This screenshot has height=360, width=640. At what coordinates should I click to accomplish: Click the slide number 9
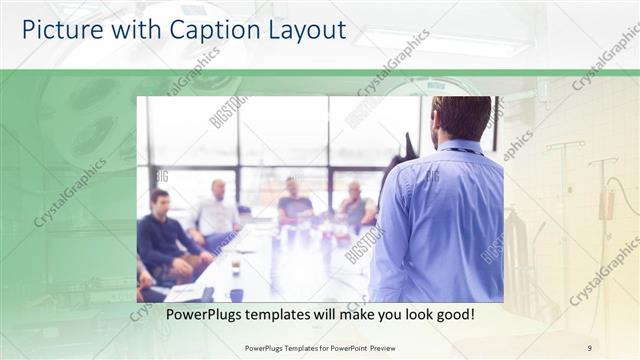pyautogui.click(x=590, y=347)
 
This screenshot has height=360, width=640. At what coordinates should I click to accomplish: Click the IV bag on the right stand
pyautogui.click(x=606, y=205)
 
